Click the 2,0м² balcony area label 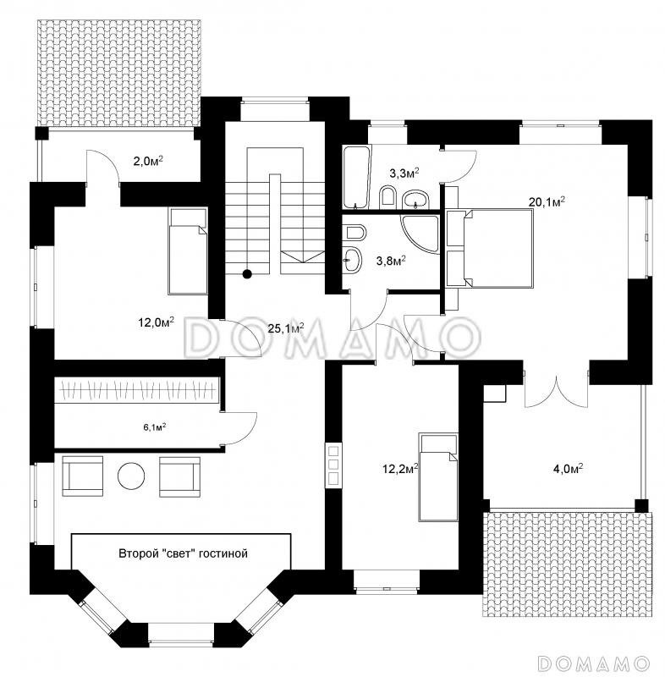148,161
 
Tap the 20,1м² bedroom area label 547,201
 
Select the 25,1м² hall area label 286,328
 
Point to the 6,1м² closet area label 155,427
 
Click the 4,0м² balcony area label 569,468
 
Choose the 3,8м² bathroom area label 391,261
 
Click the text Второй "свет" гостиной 183,553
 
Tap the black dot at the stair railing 247,273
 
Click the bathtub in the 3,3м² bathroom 356,177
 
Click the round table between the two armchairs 131,476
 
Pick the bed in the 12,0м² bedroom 188,251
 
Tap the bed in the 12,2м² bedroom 438,478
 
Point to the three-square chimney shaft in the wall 333,465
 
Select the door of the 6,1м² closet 239,428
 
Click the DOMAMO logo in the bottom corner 594,663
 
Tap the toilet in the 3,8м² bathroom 356,232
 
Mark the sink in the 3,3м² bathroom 415,199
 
